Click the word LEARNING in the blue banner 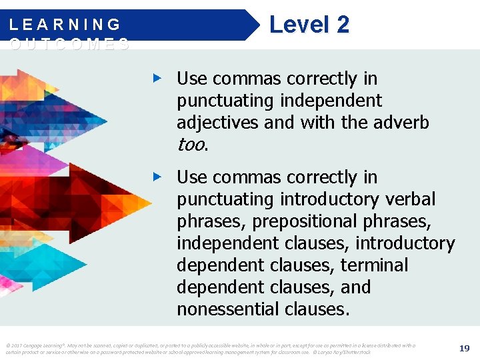(65, 25)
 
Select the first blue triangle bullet (157, 79)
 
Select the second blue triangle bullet (157, 177)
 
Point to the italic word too (192, 145)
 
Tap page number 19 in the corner (464, 348)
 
